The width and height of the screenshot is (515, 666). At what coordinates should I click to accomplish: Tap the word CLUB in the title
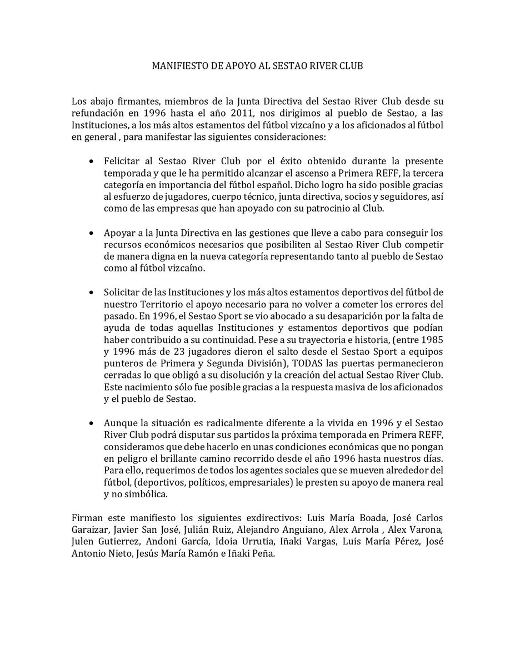pos(351,65)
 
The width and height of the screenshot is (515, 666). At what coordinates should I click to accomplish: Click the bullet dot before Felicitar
pos(92,160)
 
